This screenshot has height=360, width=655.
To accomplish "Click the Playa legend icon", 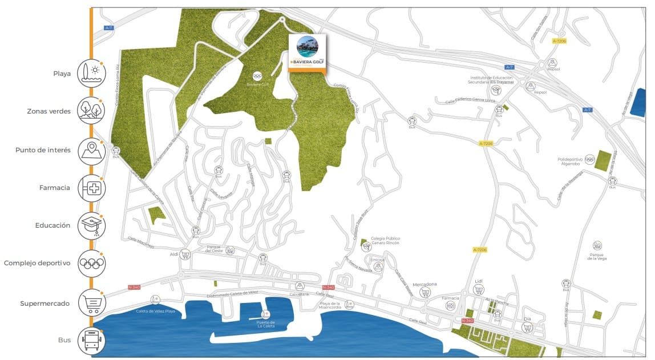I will (91, 73).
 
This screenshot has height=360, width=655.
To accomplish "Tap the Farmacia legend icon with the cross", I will (91, 188).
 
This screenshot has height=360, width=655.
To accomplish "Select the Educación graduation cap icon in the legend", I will (91, 226).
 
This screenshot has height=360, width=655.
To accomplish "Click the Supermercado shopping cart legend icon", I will (91, 303).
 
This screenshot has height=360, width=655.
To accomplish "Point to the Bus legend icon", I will (91, 340).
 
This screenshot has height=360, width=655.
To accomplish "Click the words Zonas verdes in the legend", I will (49, 111).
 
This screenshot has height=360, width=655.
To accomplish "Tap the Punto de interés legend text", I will (43, 150).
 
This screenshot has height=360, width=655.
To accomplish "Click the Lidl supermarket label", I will (479, 281).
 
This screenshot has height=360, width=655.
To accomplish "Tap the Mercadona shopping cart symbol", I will (425, 293).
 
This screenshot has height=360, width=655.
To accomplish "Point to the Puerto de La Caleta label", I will (265, 324).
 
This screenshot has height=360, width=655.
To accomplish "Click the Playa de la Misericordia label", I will (330, 305).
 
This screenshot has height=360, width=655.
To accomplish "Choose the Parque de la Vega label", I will (597, 256).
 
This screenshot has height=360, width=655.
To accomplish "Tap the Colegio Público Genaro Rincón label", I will (386, 240).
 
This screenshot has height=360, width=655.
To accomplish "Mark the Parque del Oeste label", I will (213, 249).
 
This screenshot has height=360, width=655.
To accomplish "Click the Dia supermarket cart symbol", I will (527, 327).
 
